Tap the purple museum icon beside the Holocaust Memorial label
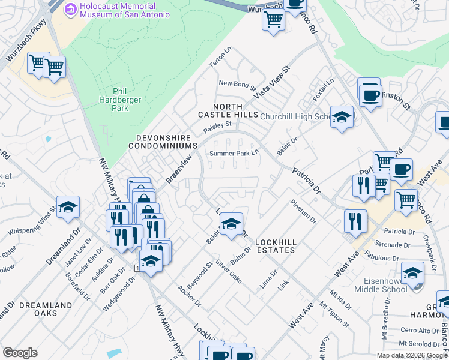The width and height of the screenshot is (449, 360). (71, 9)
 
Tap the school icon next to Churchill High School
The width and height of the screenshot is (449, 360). (342, 116)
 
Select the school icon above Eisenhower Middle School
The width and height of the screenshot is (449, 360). (412, 273)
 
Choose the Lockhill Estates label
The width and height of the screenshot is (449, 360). (275, 245)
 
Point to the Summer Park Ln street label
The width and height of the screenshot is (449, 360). (234, 154)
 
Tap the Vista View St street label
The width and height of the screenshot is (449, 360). (272, 83)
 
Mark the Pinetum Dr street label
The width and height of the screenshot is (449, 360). (303, 211)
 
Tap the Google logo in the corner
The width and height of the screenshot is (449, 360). (20, 353)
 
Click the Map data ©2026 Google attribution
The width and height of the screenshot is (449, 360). (412, 355)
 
